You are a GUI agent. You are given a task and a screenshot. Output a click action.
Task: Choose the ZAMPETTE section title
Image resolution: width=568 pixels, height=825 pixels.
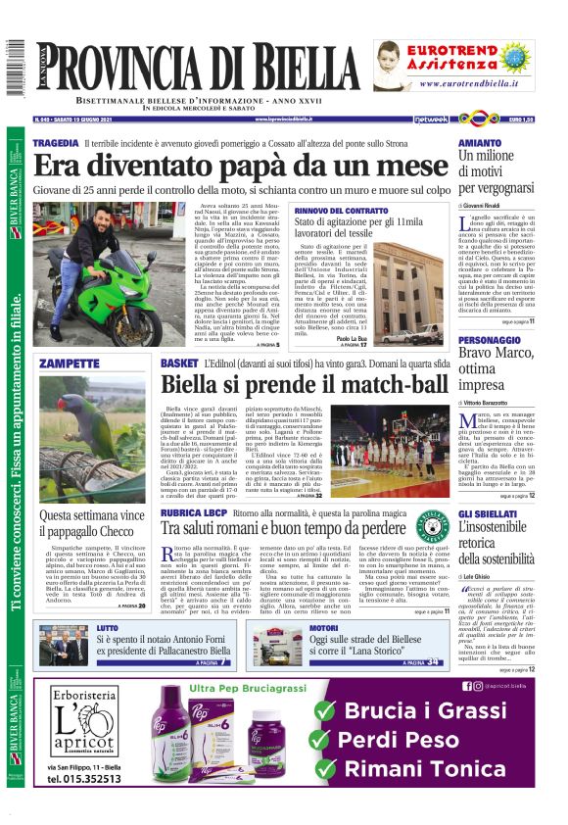[71, 364]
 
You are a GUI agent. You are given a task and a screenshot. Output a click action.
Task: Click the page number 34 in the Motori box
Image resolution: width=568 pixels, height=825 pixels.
[431, 662]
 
